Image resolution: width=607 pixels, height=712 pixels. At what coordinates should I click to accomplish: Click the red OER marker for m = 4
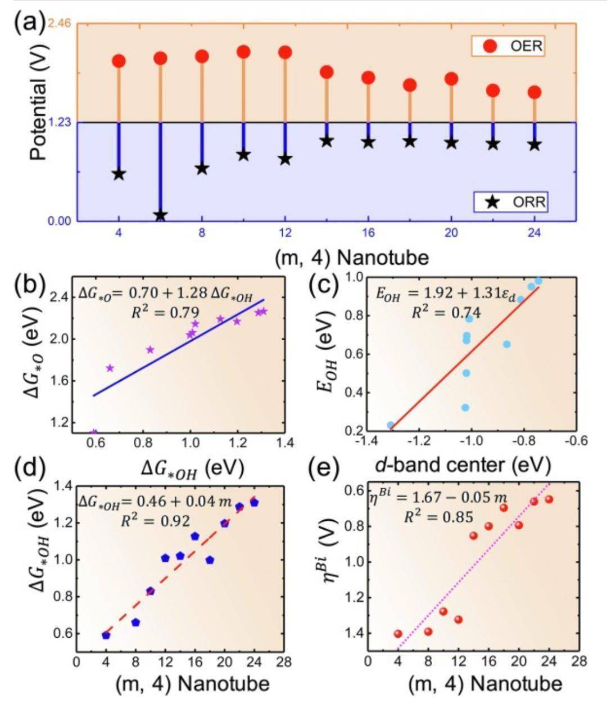[x=119, y=61]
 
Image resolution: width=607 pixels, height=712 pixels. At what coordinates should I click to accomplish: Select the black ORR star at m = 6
[x=161, y=215]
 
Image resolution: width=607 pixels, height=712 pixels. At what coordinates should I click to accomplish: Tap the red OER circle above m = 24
[x=534, y=92]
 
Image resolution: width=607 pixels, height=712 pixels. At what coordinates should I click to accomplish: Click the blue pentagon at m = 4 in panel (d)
[x=106, y=635]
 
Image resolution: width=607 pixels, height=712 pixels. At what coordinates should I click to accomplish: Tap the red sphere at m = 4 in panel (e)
[x=398, y=633]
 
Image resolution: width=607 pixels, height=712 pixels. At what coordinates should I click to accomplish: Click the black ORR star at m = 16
[x=368, y=142]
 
